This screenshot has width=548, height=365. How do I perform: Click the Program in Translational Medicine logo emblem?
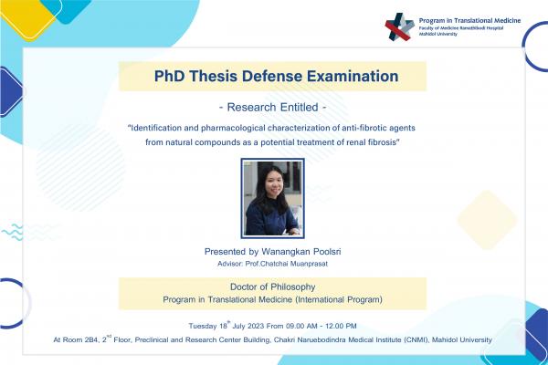[399, 28]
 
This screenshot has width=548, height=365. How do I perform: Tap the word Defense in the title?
[265, 75]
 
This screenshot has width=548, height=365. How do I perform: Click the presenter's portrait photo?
[273, 197]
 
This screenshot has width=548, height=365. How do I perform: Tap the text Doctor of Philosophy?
[273, 287]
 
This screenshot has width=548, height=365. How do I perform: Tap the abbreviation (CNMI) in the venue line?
[411, 340]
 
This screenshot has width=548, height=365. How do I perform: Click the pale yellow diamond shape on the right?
[487, 219]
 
